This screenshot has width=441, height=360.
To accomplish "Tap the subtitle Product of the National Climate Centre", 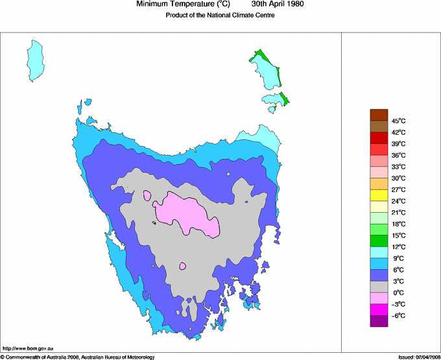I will [x=220, y=16].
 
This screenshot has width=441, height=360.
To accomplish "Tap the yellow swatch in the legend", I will [x=379, y=195].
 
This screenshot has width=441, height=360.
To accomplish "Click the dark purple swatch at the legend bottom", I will [x=379, y=320].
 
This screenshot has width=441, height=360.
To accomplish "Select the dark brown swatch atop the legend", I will [x=379, y=115].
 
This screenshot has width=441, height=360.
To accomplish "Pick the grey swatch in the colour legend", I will [x=379, y=287].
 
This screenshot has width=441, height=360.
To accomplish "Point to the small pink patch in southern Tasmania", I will [x=183, y=265].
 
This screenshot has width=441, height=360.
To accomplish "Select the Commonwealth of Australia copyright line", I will [x=78, y=357].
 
